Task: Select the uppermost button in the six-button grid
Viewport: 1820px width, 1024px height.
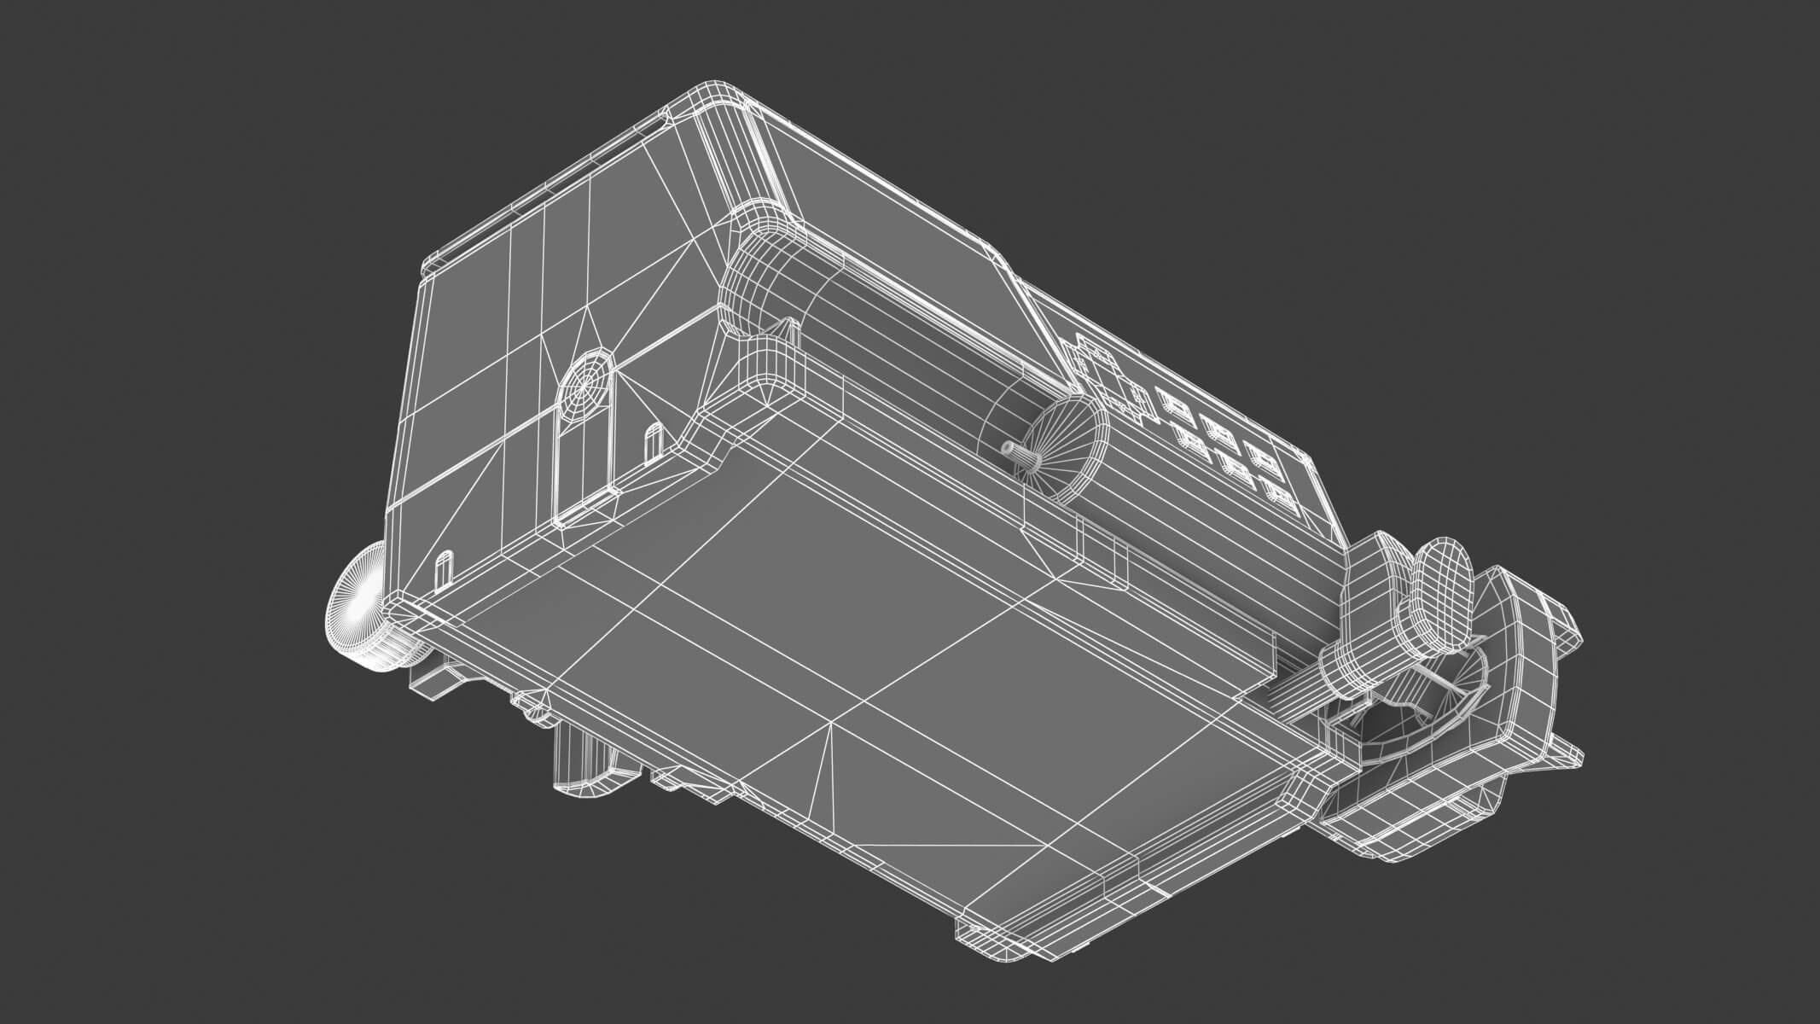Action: click(1169, 401)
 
